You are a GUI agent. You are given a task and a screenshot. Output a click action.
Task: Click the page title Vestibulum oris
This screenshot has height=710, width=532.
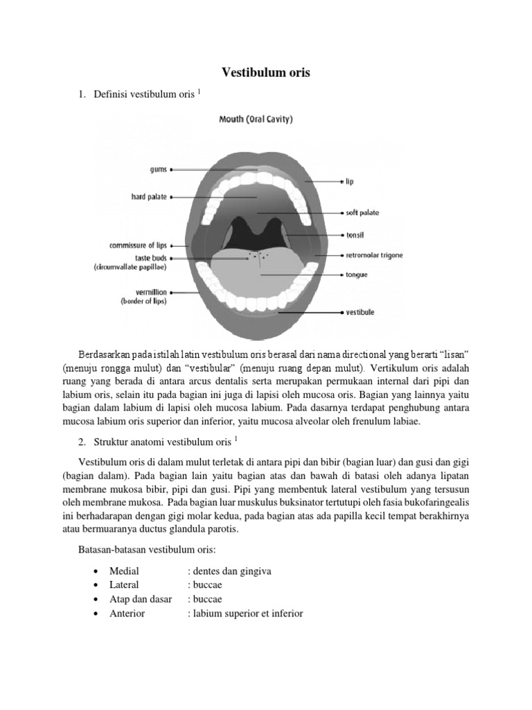tap(265, 72)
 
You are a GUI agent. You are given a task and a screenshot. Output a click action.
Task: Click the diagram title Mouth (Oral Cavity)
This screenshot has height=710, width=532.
tap(256, 119)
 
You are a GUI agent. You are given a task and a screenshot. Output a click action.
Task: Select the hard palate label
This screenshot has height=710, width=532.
tap(149, 197)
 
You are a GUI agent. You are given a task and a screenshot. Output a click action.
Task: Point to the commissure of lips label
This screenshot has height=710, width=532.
tap(138, 245)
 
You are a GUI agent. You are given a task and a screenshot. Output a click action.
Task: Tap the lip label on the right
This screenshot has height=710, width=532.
tap(351, 182)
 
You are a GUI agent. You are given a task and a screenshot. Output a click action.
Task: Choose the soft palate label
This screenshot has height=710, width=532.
tap(362, 213)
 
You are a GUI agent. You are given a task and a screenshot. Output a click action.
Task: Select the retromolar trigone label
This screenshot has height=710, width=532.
tap(374, 255)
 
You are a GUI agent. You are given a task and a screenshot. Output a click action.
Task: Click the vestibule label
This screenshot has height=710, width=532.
tap(360, 313)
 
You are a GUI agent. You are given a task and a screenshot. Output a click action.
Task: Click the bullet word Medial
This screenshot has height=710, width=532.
tap(124, 571)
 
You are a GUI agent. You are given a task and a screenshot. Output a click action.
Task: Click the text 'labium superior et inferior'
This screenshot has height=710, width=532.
tap(245, 614)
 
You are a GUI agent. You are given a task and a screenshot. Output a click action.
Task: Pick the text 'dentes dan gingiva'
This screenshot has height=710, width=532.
tap(229, 571)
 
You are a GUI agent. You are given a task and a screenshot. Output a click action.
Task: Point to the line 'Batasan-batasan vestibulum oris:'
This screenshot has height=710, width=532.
tap(148, 551)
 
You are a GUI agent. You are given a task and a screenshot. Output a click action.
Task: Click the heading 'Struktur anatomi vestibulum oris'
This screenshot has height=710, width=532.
tap(163, 441)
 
